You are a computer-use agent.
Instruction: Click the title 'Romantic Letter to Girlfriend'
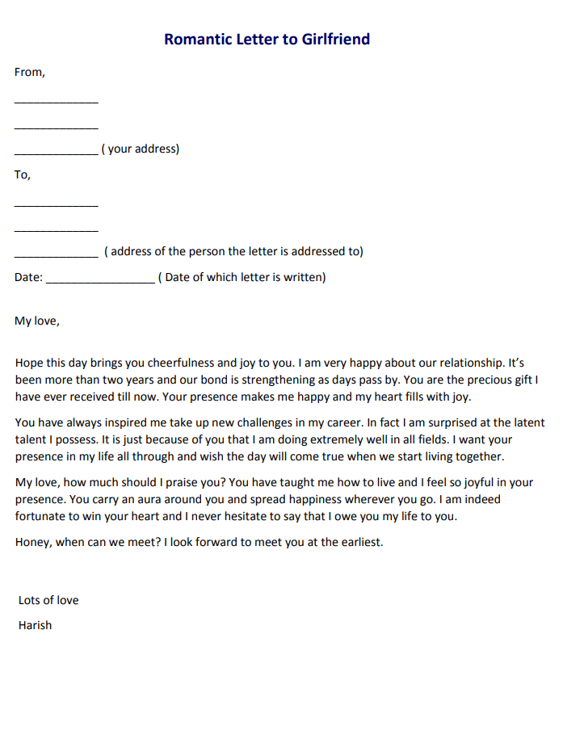(267, 39)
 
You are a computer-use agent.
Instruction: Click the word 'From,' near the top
(30, 72)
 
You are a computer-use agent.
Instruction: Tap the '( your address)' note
(141, 149)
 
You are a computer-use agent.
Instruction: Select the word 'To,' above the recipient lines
(23, 174)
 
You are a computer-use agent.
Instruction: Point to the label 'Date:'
(28, 277)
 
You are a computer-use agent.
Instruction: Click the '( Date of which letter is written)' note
(242, 277)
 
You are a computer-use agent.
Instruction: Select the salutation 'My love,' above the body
(37, 321)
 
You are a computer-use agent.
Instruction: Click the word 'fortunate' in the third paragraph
(42, 516)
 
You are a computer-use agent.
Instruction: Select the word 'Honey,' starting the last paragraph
(33, 542)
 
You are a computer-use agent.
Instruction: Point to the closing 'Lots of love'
(48, 600)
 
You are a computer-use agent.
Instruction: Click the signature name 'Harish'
(35, 625)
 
